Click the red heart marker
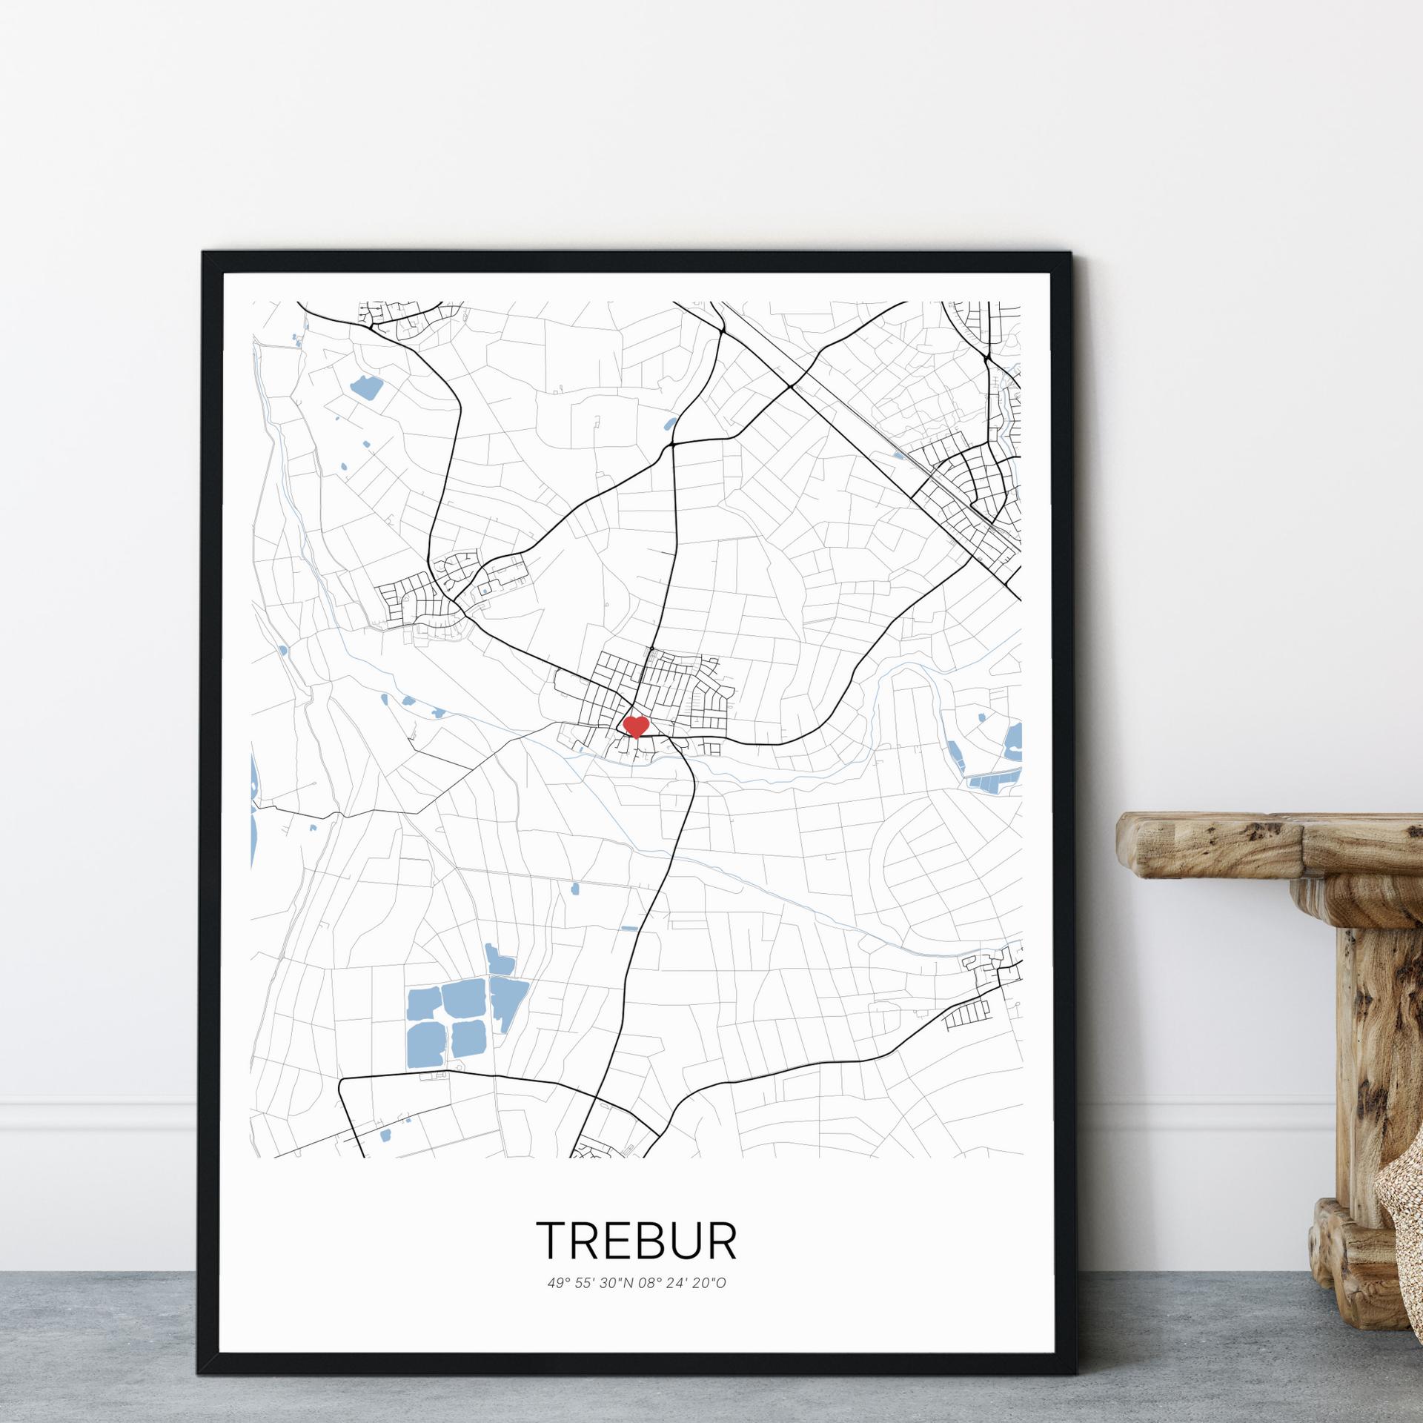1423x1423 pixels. tap(636, 726)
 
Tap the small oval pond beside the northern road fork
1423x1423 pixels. tap(670, 425)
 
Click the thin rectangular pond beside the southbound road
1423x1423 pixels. tap(629, 928)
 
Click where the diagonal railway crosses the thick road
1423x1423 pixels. tap(792, 386)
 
